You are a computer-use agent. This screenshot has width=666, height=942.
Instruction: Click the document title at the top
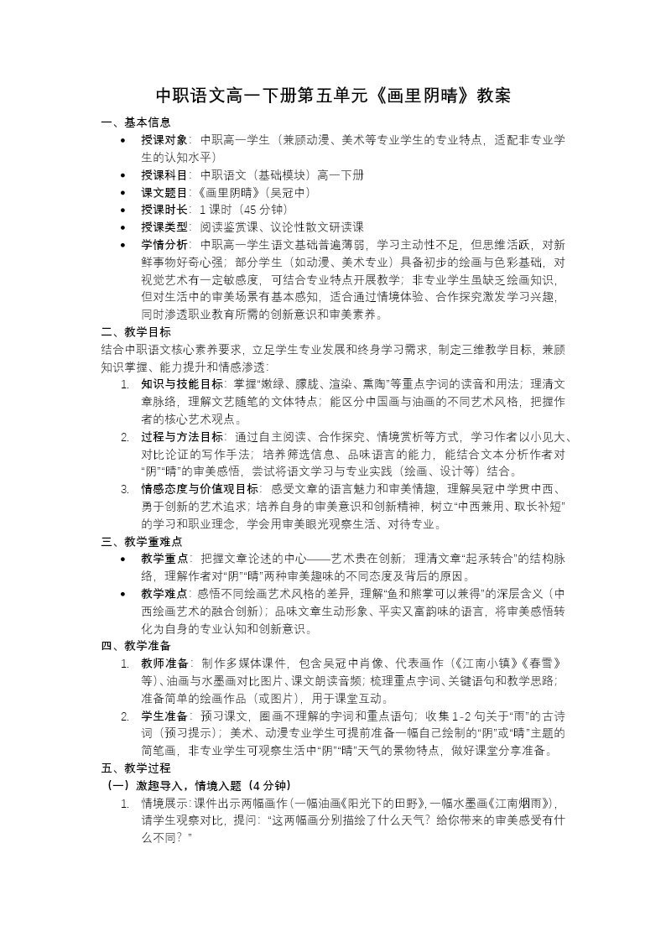pyautogui.click(x=333, y=96)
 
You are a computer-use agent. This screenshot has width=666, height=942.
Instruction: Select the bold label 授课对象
pyautogui.click(x=164, y=139)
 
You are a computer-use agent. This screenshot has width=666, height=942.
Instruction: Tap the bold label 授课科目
pyautogui.click(x=164, y=175)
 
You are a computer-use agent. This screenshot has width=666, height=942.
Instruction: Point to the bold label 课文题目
pyautogui.click(x=164, y=192)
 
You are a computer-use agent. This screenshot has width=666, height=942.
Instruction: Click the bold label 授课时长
pyautogui.click(x=164, y=209)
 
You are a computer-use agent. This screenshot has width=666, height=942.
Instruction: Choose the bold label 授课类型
pyautogui.click(x=164, y=226)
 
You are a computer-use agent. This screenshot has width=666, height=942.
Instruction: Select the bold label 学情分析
pyautogui.click(x=164, y=244)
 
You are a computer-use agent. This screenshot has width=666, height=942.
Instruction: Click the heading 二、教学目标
pyautogui.click(x=136, y=331)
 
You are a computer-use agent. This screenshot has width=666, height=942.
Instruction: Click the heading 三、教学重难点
pyautogui.click(x=142, y=541)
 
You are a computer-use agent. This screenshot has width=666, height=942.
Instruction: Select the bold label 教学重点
pyautogui.click(x=164, y=558)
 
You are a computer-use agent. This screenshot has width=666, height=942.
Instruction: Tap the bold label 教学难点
pyautogui.click(x=164, y=593)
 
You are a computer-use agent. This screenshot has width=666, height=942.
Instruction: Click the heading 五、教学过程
pyautogui.click(x=136, y=768)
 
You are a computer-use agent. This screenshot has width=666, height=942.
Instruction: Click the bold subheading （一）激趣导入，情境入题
pyautogui.click(x=198, y=785)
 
